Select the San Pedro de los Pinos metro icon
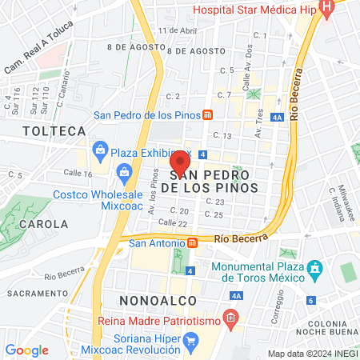pos(207,114)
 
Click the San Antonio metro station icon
pos(192,243)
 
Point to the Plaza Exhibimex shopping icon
pos(100,148)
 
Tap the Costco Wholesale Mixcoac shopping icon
pos(124,170)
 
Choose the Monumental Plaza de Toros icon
pos(314,267)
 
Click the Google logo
pos(26,350)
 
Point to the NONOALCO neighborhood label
pos(158,299)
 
